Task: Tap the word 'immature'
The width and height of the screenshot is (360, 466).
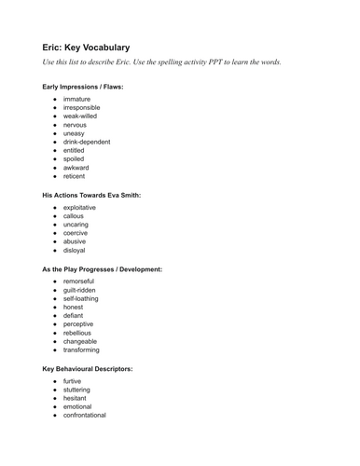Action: click(x=77, y=99)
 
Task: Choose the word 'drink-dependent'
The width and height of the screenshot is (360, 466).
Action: click(x=87, y=142)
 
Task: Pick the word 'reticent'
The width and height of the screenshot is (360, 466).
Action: click(x=76, y=175)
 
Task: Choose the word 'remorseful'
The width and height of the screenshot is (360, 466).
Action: click(x=79, y=281)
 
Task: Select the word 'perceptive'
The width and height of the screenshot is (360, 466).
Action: click(x=79, y=324)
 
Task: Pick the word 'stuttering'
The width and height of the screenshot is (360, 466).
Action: click(x=77, y=390)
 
